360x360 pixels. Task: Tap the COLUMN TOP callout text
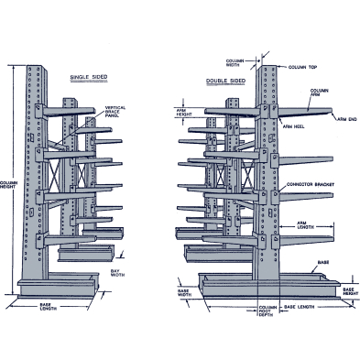tap(303, 66)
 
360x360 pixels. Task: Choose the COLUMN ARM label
tap(320, 93)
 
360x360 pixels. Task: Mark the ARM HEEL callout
tap(294, 125)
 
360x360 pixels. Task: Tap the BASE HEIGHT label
tap(349, 293)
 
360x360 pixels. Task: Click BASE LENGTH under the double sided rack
tap(301, 305)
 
